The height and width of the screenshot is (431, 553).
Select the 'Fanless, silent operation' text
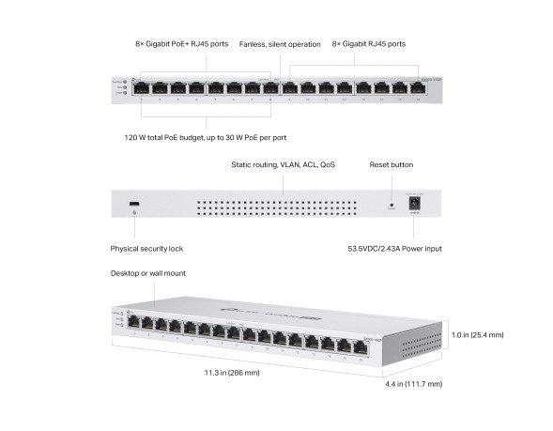pyautogui.click(x=279, y=44)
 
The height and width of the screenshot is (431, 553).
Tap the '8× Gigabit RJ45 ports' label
pyautogui.click(x=369, y=44)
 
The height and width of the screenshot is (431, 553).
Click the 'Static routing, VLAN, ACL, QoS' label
pyautogui.click(x=283, y=164)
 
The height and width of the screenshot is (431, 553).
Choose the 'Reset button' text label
pyautogui.click(x=392, y=164)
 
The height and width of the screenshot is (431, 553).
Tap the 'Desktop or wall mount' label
pyautogui.click(x=148, y=273)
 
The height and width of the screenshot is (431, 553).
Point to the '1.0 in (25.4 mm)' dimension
pyautogui.click(x=477, y=335)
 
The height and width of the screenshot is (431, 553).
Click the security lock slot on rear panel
pyautogui.click(x=135, y=204)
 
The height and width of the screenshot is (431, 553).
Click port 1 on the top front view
pyautogui.click(x=140, y=88)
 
